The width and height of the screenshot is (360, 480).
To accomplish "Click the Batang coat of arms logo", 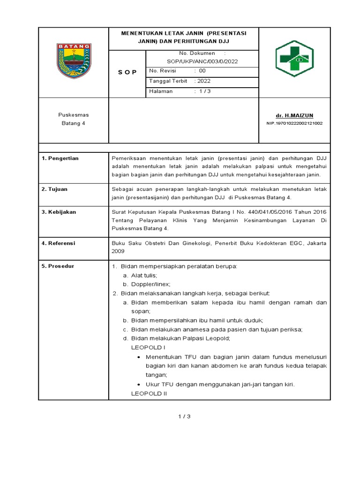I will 74,61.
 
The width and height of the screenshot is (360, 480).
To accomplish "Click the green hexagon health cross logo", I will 295,58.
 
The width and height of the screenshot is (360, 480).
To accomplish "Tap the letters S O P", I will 127,72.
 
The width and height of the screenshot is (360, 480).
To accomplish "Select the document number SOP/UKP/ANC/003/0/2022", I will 202,61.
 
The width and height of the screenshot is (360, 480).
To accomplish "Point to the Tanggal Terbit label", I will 168,81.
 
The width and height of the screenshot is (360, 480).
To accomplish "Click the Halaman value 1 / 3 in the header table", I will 204,91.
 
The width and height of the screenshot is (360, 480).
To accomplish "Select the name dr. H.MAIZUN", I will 294,115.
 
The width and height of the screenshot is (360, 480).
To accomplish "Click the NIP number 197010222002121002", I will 294,123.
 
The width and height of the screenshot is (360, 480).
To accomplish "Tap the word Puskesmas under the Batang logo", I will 74,115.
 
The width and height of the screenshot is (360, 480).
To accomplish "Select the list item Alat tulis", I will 144,275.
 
